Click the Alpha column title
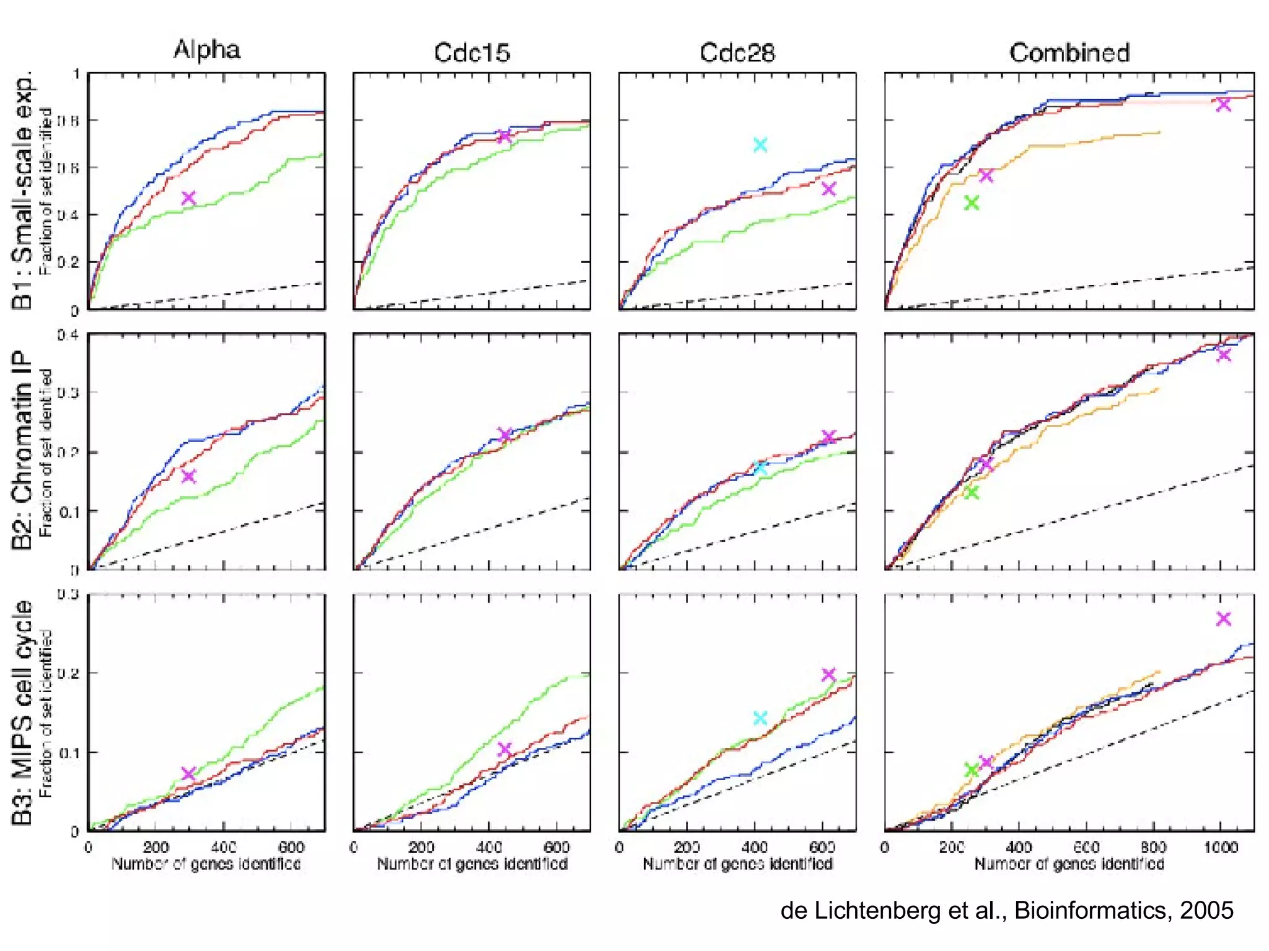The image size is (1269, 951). (x=206, y=50)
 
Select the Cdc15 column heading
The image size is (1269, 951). (x=472, y=53)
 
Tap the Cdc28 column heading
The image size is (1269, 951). (x=737, y=53)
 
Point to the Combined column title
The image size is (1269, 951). (x=1069, y=53)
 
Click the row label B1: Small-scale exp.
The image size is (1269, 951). (x=22, y=192)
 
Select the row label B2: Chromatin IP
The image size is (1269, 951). (x=22, y=450)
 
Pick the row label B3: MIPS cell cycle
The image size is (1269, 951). (x=22, y=712)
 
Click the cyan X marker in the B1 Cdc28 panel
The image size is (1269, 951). (x=760, y=145)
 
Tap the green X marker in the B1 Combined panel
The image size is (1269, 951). (x=972, y=203)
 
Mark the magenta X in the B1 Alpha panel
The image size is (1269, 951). (x=188, y=198)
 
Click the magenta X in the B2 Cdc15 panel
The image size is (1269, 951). (x=505, y=435)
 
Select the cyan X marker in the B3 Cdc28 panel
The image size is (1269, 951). (x=760, y=718)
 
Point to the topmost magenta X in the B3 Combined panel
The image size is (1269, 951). (x=1223, y=619)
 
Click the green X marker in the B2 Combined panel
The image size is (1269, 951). (x=972, y=492)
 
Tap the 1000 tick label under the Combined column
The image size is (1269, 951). (x=1220, y=846)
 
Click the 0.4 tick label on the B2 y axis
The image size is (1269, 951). (x=68, y=335)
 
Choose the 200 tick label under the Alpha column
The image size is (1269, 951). (x=156, y=846)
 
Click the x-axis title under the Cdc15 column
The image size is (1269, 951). (x=472, y=864)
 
